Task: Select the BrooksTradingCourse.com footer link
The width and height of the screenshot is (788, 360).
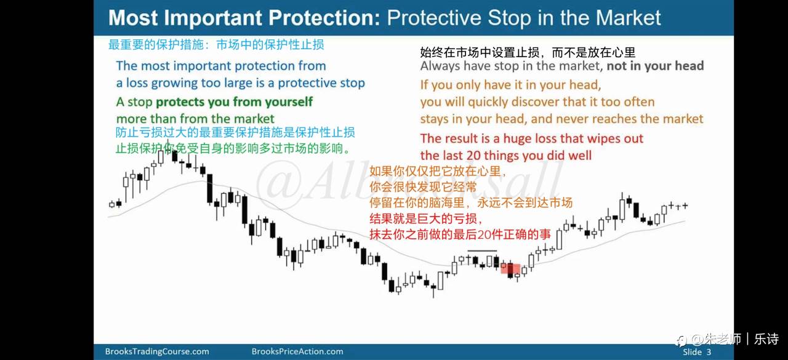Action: click(157, 351)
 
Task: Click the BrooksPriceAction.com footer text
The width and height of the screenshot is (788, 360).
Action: click(297, 351)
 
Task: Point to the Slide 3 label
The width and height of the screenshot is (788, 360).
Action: click(696, 352)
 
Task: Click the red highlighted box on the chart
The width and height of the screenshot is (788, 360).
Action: click(510, 268)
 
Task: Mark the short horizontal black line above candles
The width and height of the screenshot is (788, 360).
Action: click(482, 250)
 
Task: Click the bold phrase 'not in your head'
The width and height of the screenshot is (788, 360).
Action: click(656, 66)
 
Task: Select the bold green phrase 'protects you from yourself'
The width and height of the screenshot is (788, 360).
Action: click(235, 102)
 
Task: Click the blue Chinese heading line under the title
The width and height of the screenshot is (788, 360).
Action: click(216, 45)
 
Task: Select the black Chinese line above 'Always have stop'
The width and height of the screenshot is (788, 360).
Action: click(528, 52)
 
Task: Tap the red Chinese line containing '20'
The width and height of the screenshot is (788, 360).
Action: click(460, 234)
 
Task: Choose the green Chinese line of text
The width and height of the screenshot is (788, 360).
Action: click(233, 149)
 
